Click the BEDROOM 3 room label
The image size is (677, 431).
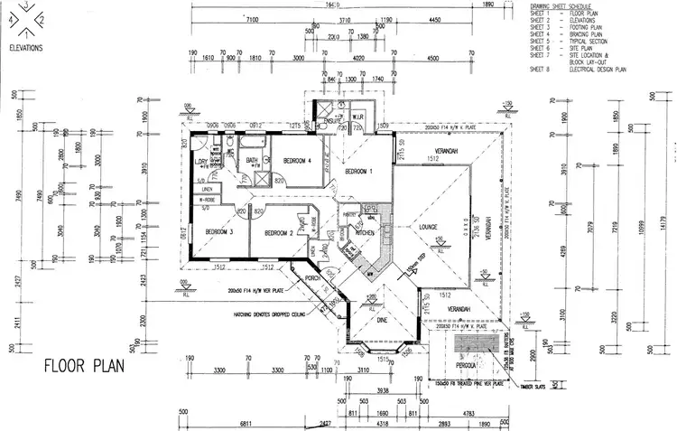coord(218,231)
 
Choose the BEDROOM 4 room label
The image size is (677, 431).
coord(298,161)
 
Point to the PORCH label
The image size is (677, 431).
coord(312,278)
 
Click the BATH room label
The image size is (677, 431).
coord(252,160)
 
